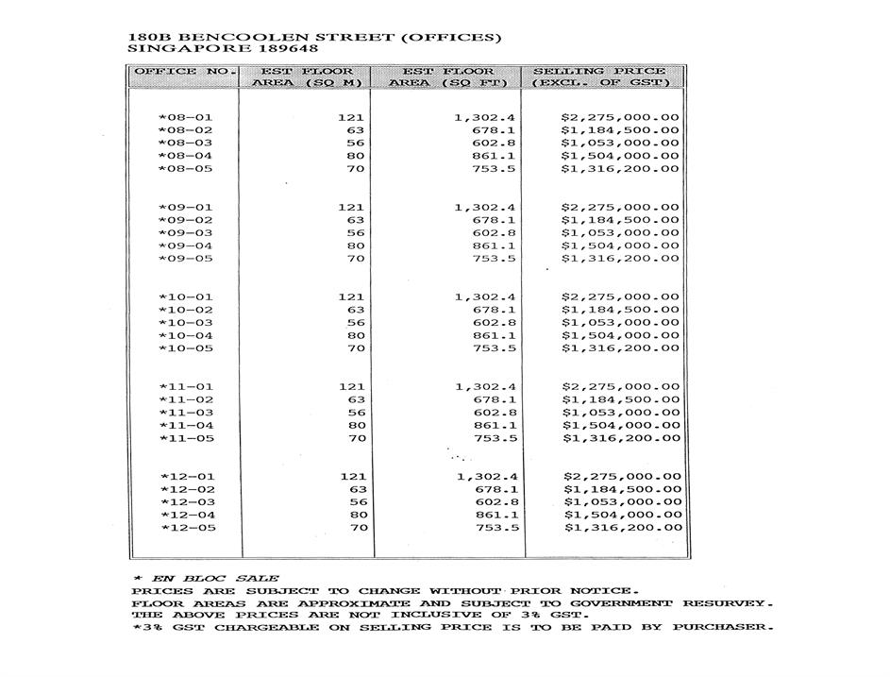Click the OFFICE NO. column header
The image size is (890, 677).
(x=183, y=72)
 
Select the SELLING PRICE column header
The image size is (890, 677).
(x=600, y=72)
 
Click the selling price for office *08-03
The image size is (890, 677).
(x=619, y=144)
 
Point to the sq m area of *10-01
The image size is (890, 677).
(x=351, y=297)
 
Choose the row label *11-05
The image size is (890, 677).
(x=186, y=438)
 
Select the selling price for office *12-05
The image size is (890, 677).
(x=621, y=528)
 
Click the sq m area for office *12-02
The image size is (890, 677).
(x=357, y=489)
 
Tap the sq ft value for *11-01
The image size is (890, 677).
(x=486, y=387)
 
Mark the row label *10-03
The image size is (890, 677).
(x=186, y=323)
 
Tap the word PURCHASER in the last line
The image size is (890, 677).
(x=723, y=628)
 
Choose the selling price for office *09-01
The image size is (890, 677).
(x=619, y=208)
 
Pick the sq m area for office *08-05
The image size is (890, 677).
(x=356, y=169)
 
